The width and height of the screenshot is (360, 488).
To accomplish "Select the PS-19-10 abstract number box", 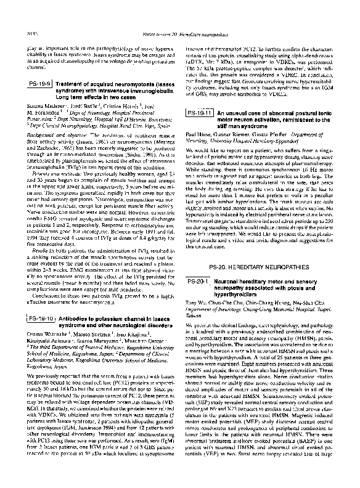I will [x=40, y=319].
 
